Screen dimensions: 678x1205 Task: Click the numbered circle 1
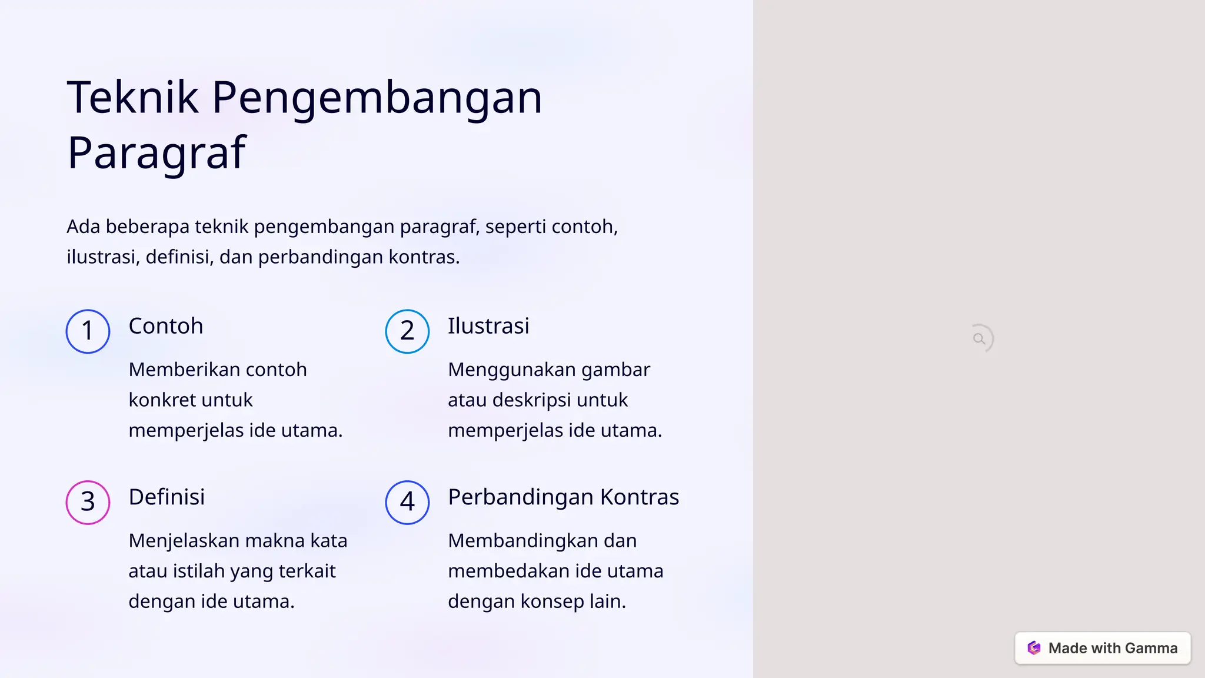[x=88, y=331]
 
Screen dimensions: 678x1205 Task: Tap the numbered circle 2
[x=407, y=331]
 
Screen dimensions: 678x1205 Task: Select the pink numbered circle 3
[x=88, y=502]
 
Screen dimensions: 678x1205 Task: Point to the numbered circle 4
[x=407, y=502]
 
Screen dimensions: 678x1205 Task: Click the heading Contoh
[x=166, y=326]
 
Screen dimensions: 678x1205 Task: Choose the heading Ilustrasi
[x=488, y=326]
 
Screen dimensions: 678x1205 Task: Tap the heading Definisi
[x=167, y=497]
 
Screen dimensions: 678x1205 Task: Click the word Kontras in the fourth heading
[x=640, y=497]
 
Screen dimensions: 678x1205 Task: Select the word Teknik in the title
[x=133, y=97]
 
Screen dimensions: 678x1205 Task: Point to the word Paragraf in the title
[x=157, y=152]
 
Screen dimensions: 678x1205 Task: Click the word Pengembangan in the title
[x=377, y=98]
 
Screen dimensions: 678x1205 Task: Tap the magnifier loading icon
[x=979, y=339]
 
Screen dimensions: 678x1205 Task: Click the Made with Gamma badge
[x=1103, y=648]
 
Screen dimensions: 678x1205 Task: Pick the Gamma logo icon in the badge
[x=1034, y=648]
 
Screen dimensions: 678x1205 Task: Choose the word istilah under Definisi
[x=199, y=571]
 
